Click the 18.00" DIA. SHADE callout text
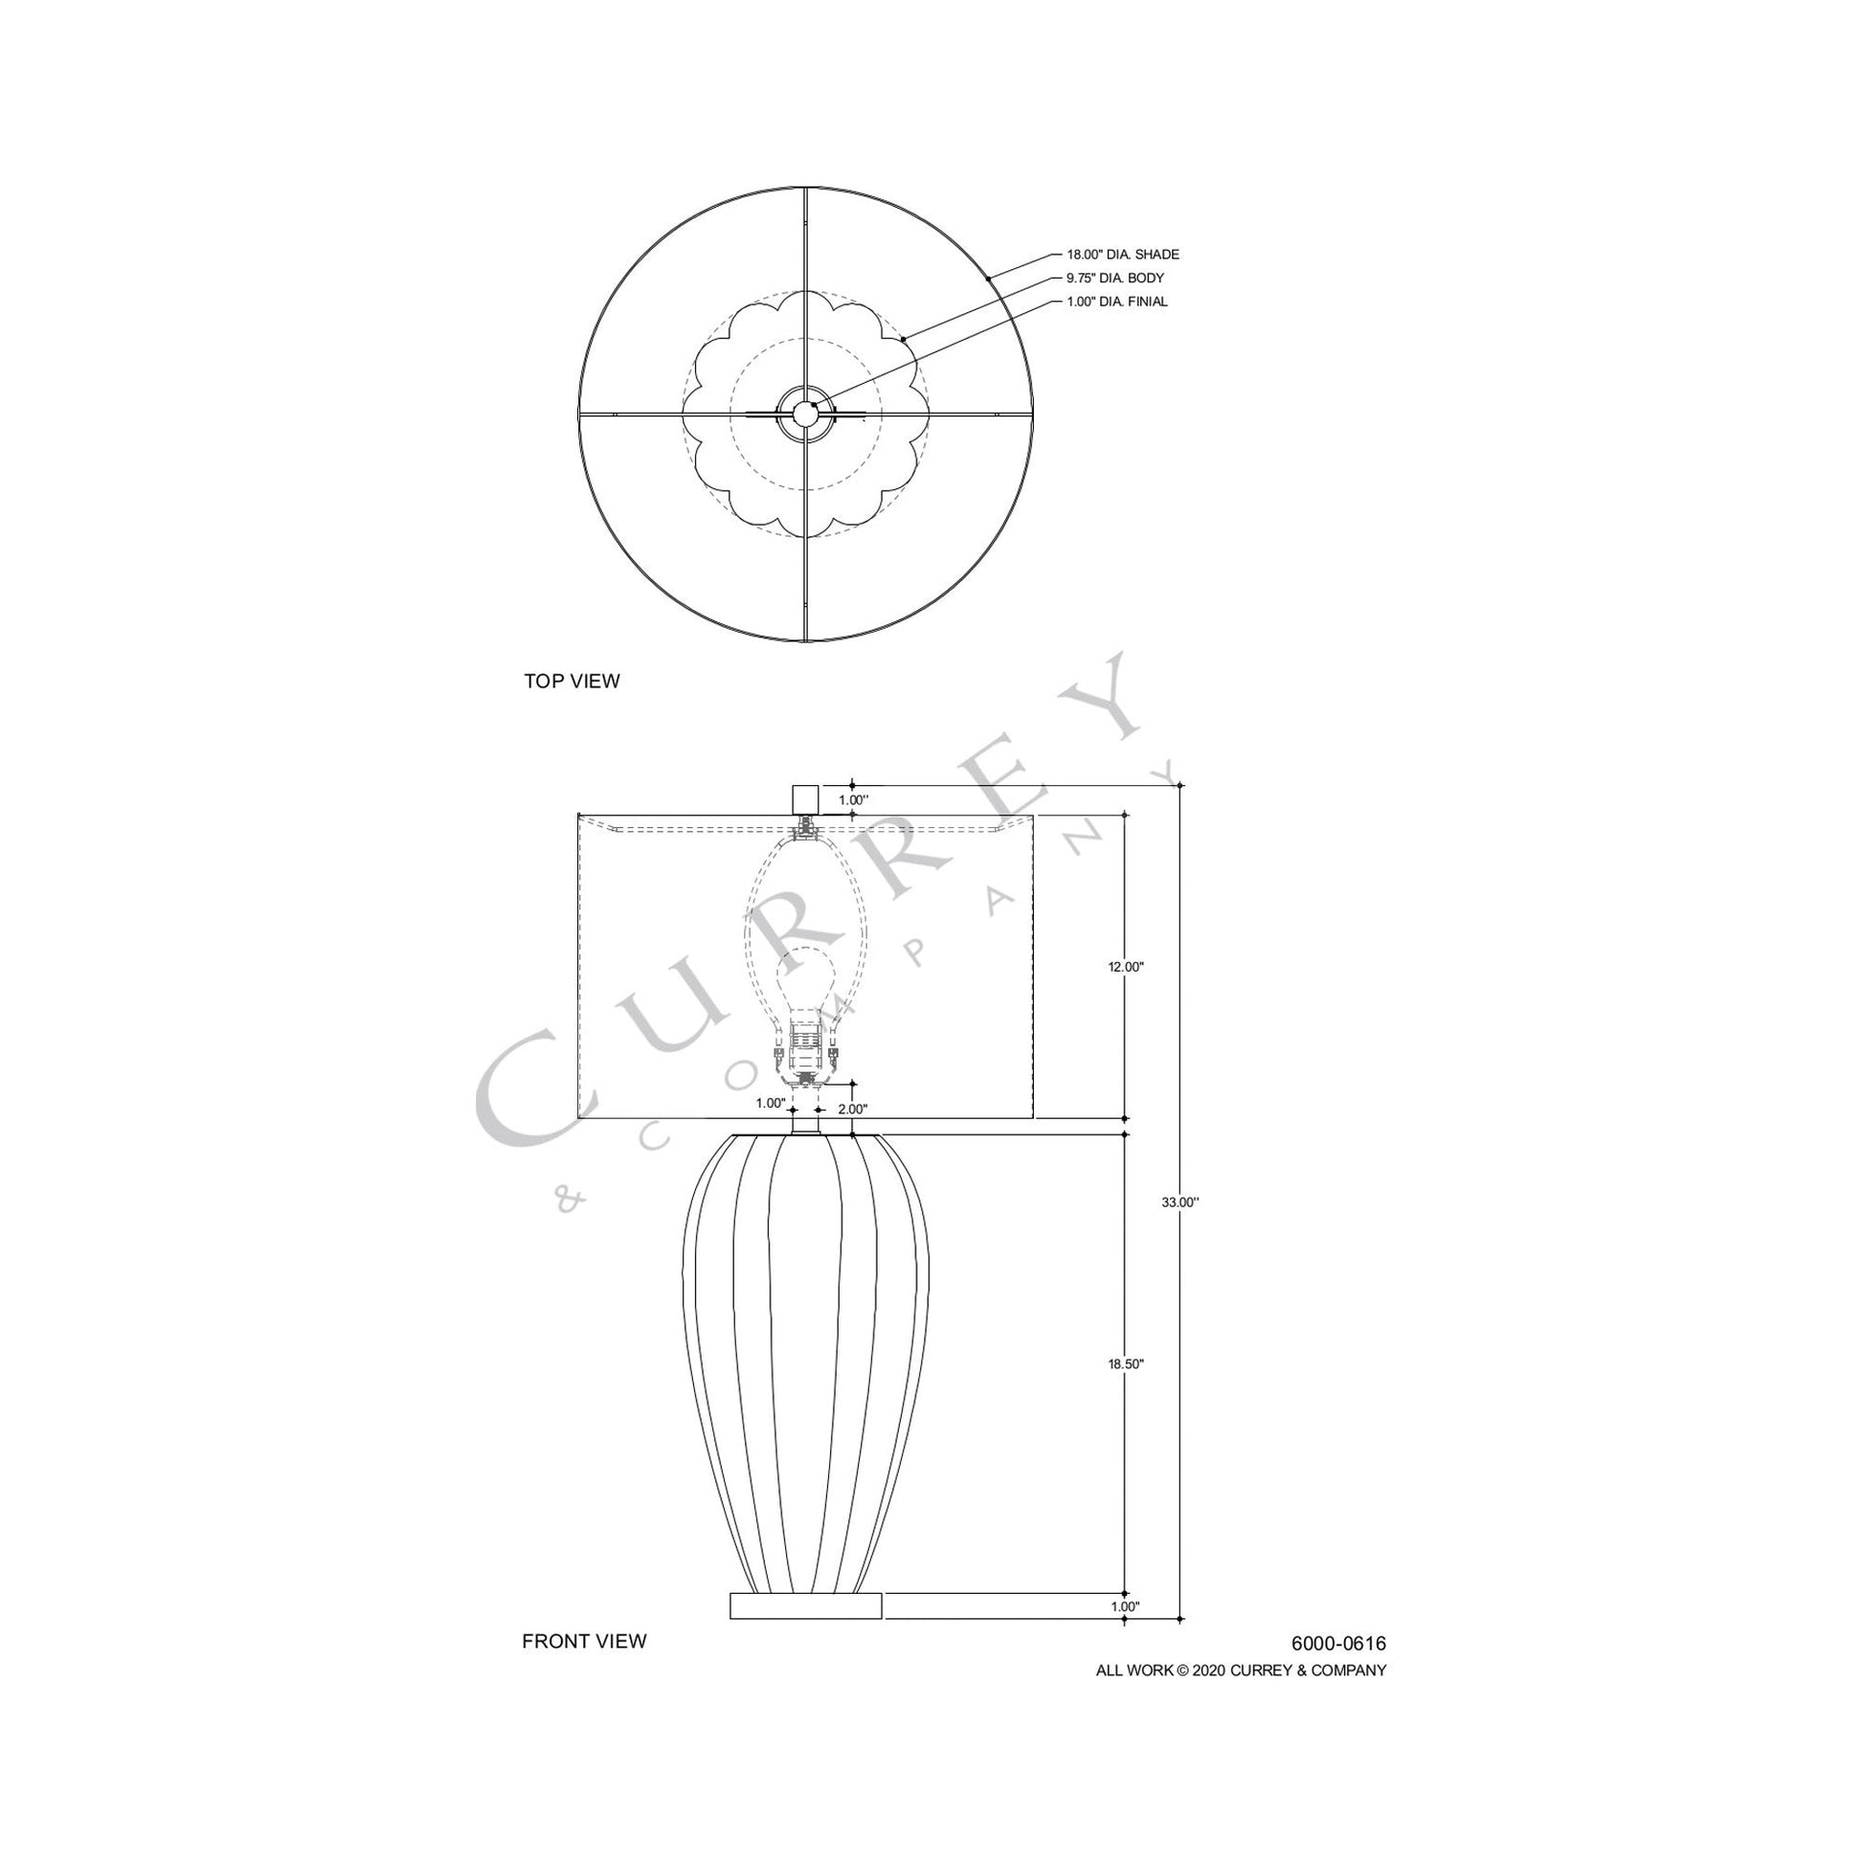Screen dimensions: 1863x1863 coord(1122,255)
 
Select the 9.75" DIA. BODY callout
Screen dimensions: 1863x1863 coord(1114,278)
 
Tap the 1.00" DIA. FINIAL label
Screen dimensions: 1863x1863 coord(1116,302)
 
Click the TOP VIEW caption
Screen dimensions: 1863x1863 coord(572,681)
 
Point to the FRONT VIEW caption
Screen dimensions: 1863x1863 coord(584,1641)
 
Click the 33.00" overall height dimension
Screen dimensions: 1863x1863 coord(1180,1202)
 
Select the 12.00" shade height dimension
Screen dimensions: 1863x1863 coord(1125,966)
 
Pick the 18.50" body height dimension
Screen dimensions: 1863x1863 coord(1125,1364)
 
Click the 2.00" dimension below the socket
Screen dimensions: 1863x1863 coord(852,1109)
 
